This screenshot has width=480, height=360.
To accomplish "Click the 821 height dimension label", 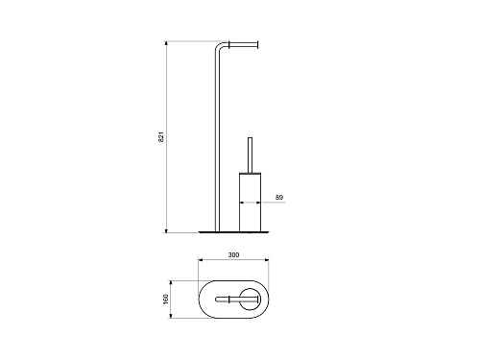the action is pos(161,136).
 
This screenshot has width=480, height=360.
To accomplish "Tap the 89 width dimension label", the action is pos(279,198).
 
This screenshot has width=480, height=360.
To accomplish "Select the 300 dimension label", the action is pos(233,254).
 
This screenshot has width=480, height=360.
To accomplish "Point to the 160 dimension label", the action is pos(166,299).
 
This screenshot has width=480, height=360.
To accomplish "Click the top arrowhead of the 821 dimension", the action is pos(166,43).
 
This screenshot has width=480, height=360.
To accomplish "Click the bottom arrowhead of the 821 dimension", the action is pos(166,230).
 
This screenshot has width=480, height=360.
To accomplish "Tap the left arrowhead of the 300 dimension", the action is pos(201,260).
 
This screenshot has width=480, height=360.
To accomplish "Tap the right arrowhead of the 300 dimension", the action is pos(266,260).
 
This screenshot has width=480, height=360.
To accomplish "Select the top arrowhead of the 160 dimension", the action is pos(171,283).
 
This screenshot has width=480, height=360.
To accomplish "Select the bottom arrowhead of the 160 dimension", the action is pos(171,316).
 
